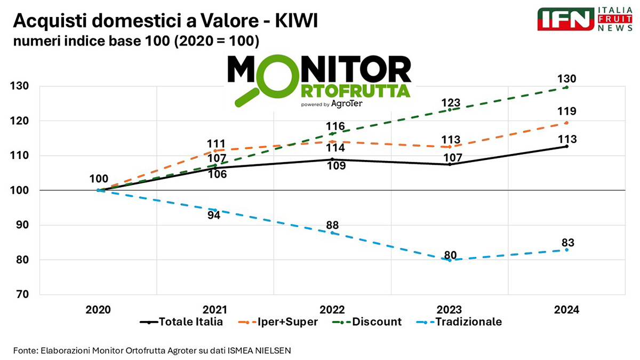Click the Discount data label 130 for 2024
pyautogui.click(x=567, y=79)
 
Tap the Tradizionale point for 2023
pyautogui.click(x=450, y=260)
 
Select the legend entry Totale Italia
pyautogui.click(x=181, y=322)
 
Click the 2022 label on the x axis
pyautogui.click(x=333, y=310)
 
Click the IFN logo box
pyautogui.click(x=565, y=20)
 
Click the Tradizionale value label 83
pyautogui.click(x=567, y=243)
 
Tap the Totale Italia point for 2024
pyautogui.click(x=566, y=146)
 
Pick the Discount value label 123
pyautogui.click(x=450, y=101)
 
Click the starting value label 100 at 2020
pyautogui.click(x=99, y=179)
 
